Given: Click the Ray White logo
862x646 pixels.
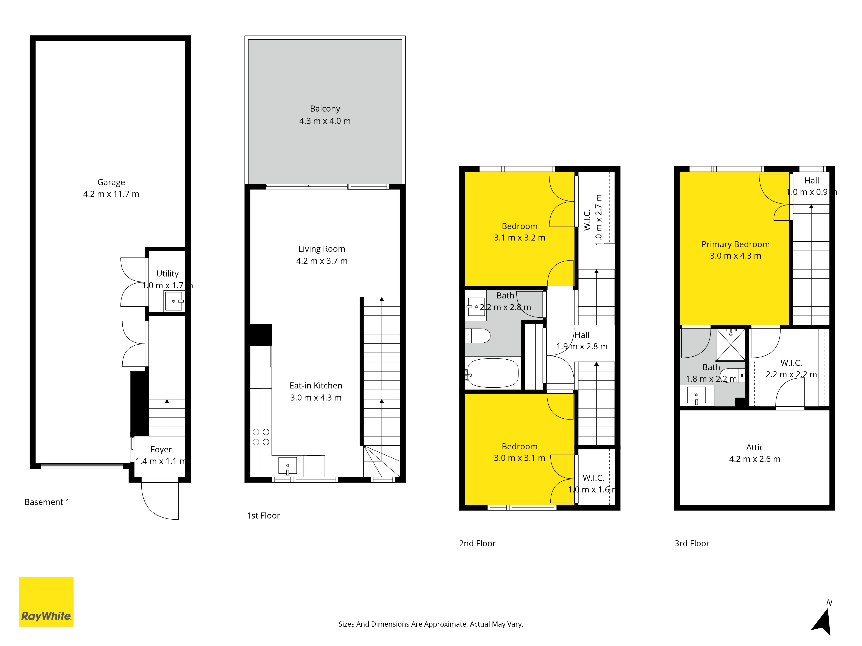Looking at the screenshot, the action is point(46,602).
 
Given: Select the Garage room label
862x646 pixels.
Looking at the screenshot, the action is point(111,182).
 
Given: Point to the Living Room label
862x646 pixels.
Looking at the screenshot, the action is point(322,249).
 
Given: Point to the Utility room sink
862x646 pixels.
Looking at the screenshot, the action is point(174,301).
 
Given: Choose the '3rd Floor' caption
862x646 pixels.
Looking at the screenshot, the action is point(692,543).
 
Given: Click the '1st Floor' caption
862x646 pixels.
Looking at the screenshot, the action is point(263,516).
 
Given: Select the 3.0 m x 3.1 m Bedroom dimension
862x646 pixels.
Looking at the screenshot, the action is point(519,458).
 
